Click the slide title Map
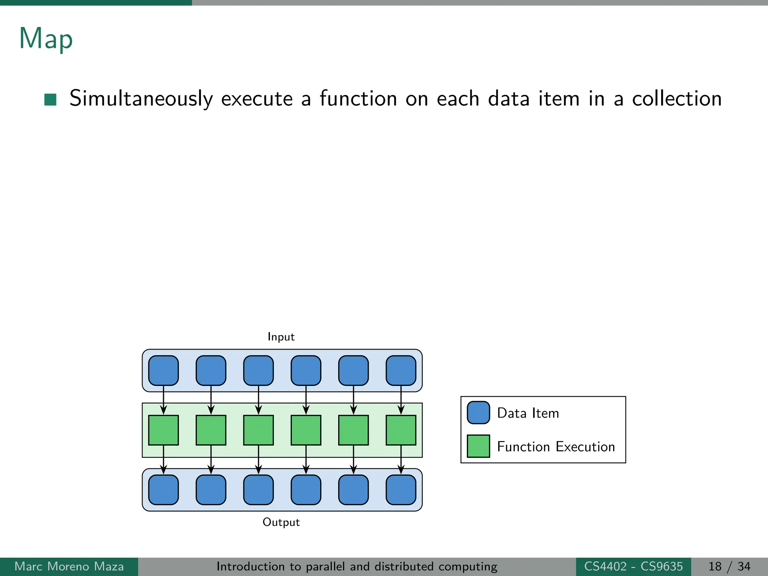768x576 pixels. pos(46,39)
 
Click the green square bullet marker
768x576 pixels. pos(50,99)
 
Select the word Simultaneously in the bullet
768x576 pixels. pos(141,99)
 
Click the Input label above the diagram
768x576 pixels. pos(281,337)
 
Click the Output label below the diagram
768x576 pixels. pos(281,522)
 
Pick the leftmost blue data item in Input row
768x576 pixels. pos(163,370)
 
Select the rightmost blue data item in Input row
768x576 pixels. pos(401,370)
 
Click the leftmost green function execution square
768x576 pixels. pos(163,430)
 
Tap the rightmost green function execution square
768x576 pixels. pos(401,430)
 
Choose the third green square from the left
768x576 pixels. pos(258,430)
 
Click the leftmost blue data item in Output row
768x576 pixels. pos(163,490)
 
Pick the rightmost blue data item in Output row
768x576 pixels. pos(401,490)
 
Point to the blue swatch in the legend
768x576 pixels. pos(478,412)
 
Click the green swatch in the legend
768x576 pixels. pos(478,446)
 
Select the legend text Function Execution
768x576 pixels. pos(556,447)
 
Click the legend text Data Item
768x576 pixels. pos(528,413)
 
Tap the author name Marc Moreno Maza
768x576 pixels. pos(69,566)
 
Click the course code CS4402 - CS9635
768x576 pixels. pos(633,566)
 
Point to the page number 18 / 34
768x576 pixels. pos(729,566)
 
